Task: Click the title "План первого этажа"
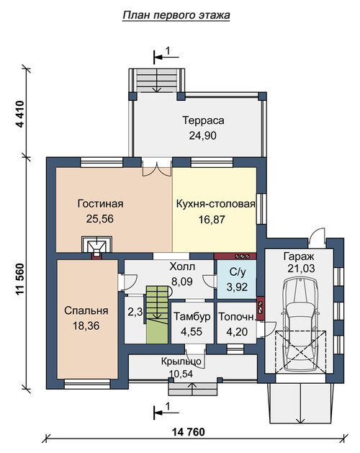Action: (x=176, y=15)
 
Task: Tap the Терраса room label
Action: (x=203, y=120)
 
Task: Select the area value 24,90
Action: (x=203, y=135)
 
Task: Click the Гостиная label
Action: (x=100, y=204)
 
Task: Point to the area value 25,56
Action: (x=100, y=219)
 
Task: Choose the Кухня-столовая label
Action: (x=215, y=204)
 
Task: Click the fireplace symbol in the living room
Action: (x=96, y=246)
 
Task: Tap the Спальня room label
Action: (x=86, y=310)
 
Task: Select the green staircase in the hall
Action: (x=157, y=314)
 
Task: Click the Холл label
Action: (x=182, y=266)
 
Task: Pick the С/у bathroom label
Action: (x=237, y=272)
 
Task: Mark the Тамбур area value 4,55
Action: (x=192, y=332)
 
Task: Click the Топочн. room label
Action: (x=237, y=317)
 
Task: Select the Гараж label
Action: (x=299, y=256)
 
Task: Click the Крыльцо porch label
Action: (x=181, y=362)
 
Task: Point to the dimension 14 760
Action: (x=189, y=432)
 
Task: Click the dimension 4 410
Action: (x=20, y=114)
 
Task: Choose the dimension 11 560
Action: (x=20, y=279)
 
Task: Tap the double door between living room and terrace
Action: (x=156, y=168)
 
